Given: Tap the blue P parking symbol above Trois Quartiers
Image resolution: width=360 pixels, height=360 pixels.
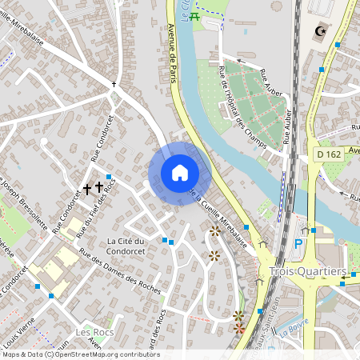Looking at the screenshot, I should pos(299,243).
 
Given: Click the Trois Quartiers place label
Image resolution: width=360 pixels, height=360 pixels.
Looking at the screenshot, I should pos(308,271).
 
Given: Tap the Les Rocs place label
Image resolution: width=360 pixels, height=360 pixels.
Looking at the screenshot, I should pos(94,331).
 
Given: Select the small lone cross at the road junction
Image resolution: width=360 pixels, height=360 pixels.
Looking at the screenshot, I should pos(114,84).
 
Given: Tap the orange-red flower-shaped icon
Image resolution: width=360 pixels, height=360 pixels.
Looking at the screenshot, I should pos(238,328).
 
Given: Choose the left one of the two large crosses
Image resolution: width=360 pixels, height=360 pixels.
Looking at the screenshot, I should pos(87,189).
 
